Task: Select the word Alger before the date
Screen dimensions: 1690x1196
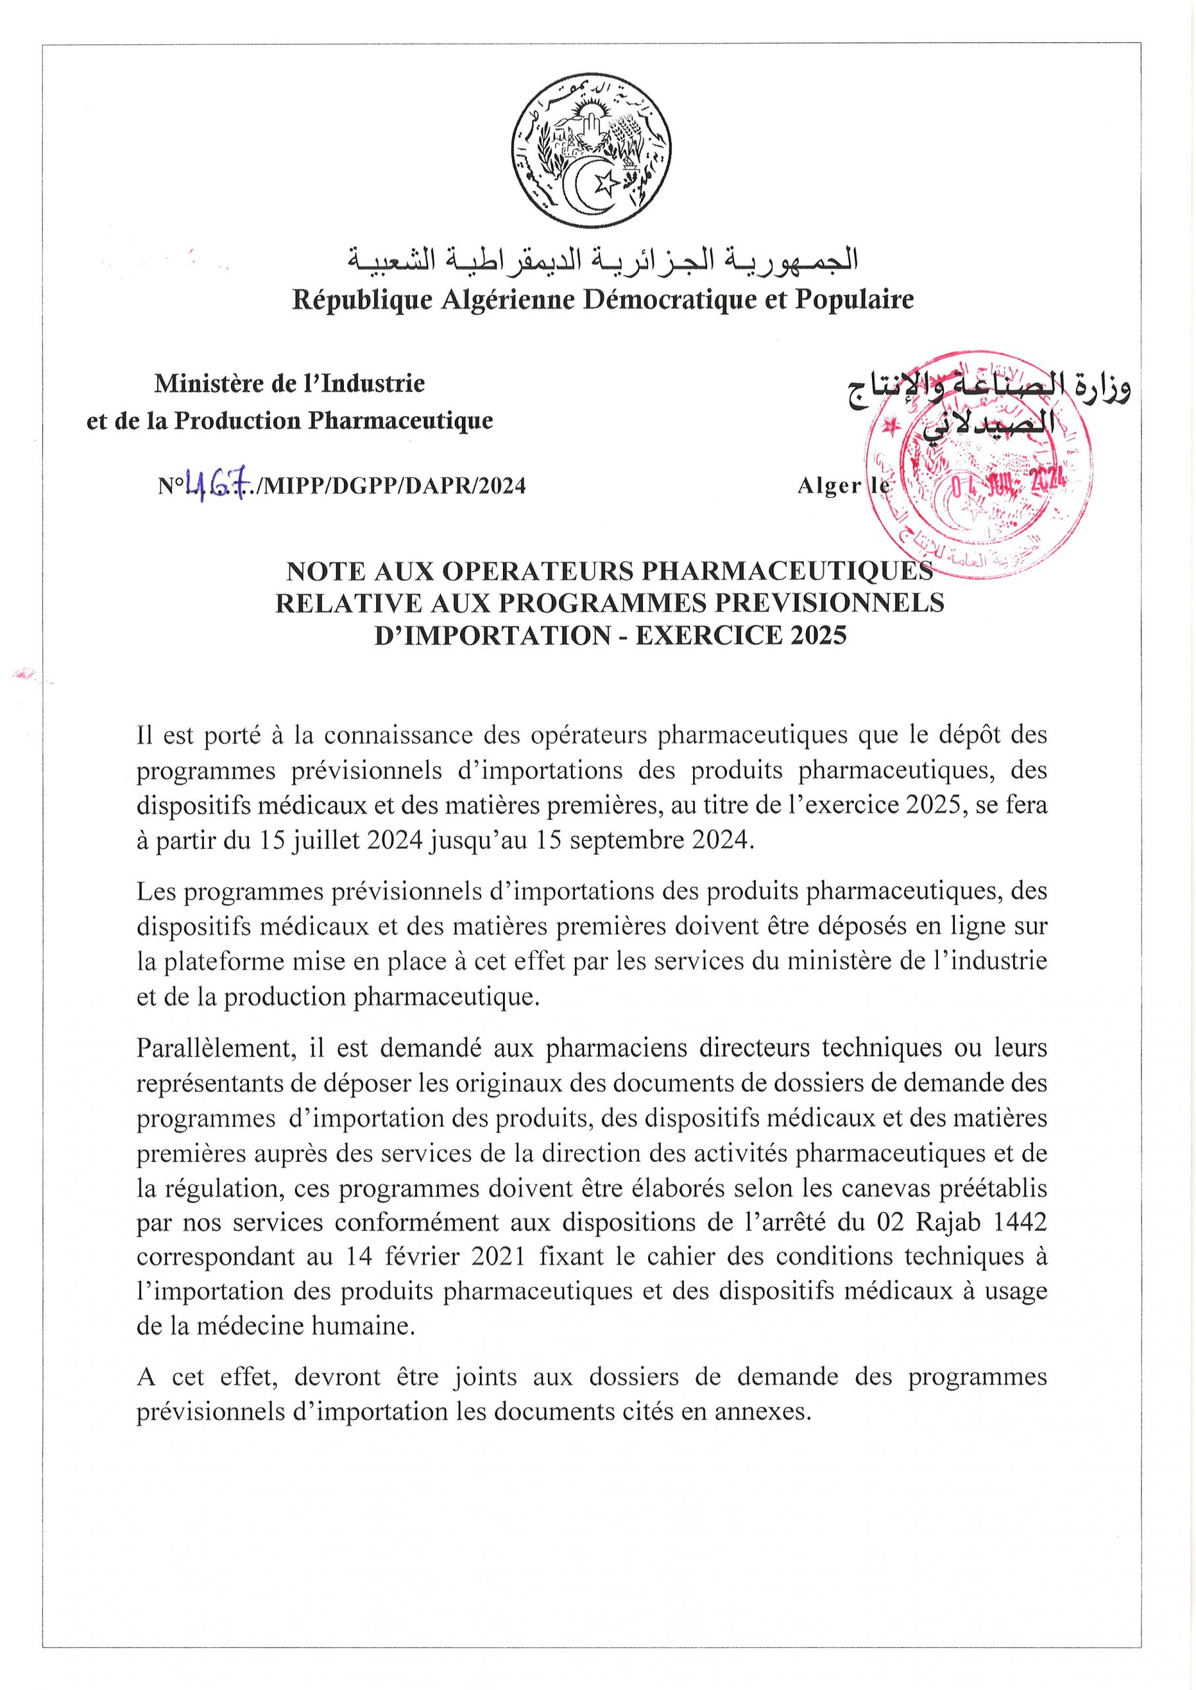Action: click(828, 486)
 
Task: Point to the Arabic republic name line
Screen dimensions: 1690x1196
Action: click(603, 259)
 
